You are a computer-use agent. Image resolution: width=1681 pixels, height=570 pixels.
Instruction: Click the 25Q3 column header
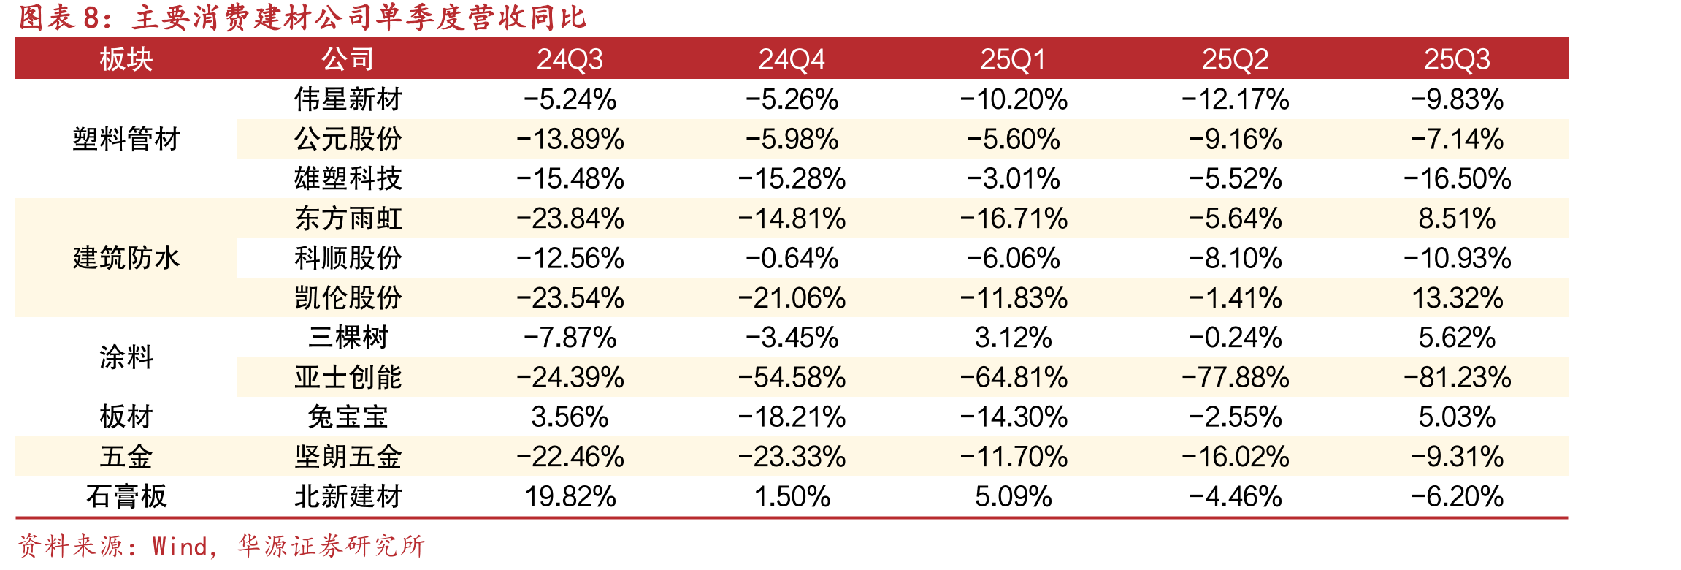1457,59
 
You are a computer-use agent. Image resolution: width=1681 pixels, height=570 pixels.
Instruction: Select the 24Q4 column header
792,59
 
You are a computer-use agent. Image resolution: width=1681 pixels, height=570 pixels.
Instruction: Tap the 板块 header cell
126,59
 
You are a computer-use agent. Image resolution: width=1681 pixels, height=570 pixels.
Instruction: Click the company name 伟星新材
348,99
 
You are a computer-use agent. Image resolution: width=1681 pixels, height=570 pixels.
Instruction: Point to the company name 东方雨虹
348,218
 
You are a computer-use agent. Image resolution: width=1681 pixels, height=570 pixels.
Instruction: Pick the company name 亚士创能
348,377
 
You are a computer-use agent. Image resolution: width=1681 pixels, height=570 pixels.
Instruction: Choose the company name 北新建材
348,497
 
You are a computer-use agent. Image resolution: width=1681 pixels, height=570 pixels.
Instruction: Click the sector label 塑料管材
126,139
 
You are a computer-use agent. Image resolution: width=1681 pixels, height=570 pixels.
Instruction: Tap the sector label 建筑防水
126,258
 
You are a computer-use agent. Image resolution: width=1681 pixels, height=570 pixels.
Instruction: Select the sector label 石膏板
126,497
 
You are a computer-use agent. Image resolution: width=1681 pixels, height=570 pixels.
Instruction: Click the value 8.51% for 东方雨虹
1457,218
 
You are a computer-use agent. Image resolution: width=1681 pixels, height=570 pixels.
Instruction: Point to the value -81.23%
1457,377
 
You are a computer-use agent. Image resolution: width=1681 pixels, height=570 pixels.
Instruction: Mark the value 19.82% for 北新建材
570,497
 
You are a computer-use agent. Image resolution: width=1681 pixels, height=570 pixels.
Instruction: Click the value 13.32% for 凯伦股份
1457,298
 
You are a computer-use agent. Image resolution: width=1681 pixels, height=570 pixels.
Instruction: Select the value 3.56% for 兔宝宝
570,417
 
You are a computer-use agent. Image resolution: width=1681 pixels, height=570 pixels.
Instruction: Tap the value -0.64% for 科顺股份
792,258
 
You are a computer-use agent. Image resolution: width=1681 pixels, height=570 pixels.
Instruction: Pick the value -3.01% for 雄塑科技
1014,178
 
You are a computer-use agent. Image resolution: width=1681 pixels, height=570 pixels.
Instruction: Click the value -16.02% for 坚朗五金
1236,457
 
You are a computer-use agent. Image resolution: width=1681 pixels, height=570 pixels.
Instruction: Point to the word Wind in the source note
180,546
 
